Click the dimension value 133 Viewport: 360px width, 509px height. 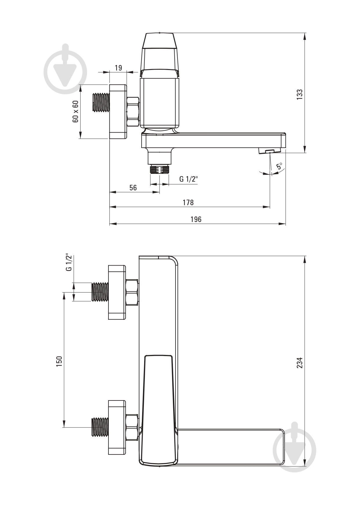point(300,95)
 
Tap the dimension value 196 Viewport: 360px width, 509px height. point(196,219)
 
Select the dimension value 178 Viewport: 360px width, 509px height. point(188,202)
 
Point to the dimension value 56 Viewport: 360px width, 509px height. point(133,187)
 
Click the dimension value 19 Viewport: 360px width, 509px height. point(118,68)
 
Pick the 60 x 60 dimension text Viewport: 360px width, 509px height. point(75,111)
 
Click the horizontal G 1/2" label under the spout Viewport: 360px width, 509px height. point(189,179)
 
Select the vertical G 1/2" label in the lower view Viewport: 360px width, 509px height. point(68,262)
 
